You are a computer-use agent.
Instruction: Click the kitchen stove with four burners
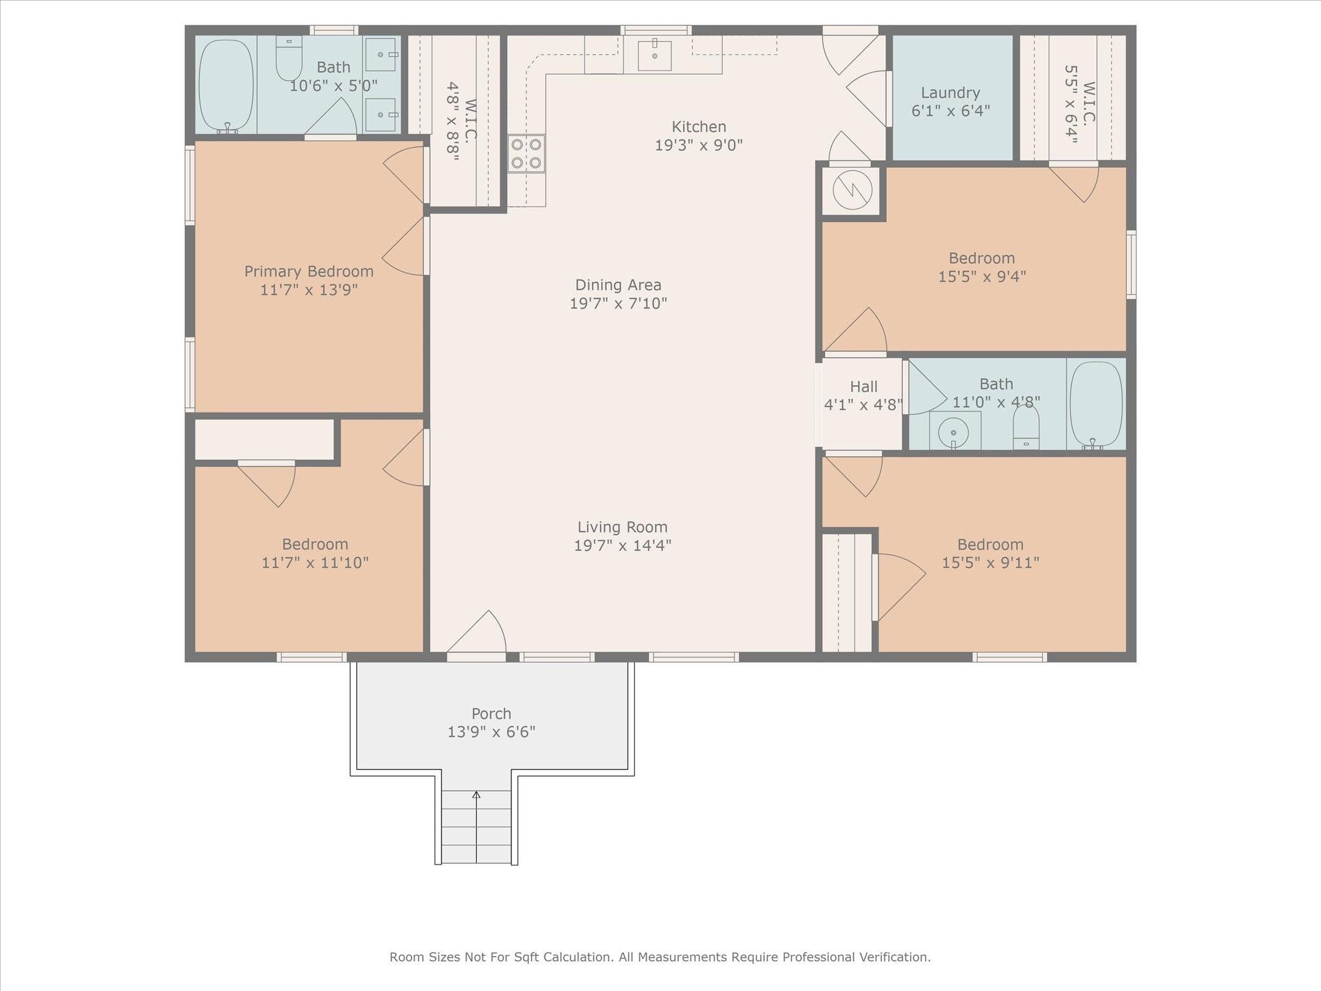click(526, 154)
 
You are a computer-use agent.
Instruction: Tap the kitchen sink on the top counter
click(655, 55)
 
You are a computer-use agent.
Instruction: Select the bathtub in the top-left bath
click(226, 86)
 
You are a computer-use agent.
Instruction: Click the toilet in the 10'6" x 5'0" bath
click(289, 57)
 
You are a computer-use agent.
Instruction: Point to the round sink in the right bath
click(955, 431)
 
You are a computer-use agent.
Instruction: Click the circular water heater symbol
click(852, 190)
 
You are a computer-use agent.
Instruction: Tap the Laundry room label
click(950, 93)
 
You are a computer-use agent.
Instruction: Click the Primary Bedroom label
click(309, 272)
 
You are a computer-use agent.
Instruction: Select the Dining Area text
click(618, 285)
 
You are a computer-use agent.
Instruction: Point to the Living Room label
click(622, 527)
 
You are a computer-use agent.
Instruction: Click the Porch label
click(492, 714)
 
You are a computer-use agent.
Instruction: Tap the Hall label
click(864, 386)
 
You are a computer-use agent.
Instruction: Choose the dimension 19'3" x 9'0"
click(699, 145)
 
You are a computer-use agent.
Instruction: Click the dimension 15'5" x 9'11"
click(990, 563)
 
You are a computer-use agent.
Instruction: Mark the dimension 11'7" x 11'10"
click(315, 563)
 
